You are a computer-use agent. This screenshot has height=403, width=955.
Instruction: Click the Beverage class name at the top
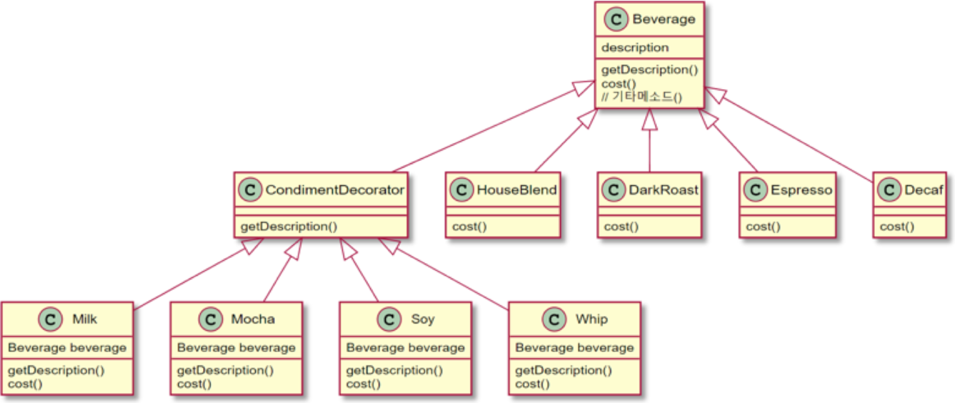663,19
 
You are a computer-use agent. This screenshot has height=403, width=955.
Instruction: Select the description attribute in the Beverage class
635,48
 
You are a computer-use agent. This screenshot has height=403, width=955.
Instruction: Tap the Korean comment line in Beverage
642,97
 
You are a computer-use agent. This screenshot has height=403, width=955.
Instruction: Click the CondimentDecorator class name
334,190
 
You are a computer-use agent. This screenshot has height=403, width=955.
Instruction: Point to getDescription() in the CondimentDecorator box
289,226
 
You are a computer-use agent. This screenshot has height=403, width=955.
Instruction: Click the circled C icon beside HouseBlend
461,190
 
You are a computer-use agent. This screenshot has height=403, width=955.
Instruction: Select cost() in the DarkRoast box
621,226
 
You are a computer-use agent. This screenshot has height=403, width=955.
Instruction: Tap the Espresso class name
801,190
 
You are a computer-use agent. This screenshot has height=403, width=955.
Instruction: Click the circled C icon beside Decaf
889,190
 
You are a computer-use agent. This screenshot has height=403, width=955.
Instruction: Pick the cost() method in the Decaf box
897,226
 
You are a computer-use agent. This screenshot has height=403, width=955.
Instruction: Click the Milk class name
84,319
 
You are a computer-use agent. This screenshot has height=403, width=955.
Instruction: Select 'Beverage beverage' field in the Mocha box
236,348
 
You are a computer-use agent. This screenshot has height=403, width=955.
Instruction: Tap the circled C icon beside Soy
389,319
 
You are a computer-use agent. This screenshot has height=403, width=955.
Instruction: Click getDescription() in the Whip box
563,370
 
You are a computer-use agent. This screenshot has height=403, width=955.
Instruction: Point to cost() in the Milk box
25,384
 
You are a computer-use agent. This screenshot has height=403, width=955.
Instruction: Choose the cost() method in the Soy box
363,384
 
